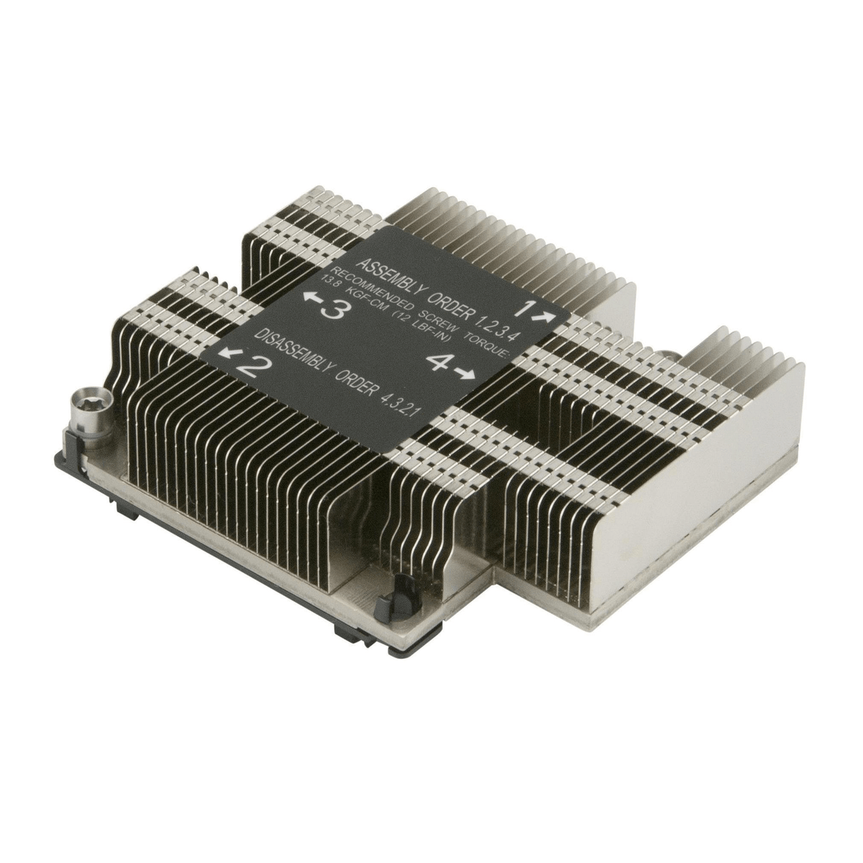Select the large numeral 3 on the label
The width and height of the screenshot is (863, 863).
click(x=333, y=309)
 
